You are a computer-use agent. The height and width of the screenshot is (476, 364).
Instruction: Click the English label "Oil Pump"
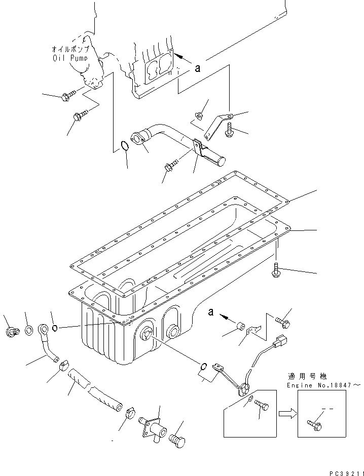point(70,58)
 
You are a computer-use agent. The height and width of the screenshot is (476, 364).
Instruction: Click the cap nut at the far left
point(11,332)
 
